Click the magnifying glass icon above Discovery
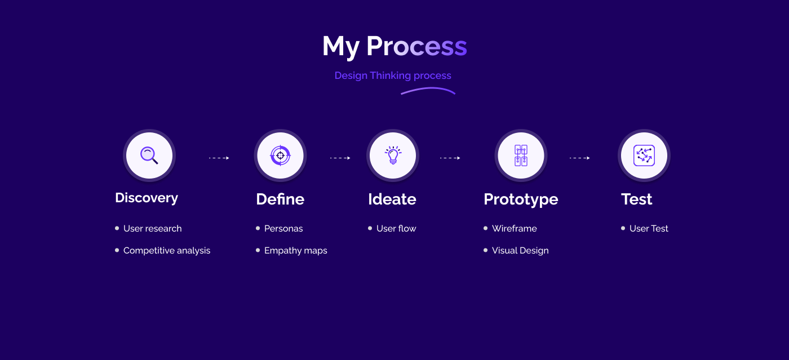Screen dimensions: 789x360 pyautogui.click(x=149, y=155)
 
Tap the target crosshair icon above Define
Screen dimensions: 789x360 pyautogui.click(x=281, y=155)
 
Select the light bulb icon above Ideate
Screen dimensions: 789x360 pyautogui.click(x=393, y=155)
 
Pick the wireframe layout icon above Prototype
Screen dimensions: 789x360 pyautogui.click(x=521, y=155)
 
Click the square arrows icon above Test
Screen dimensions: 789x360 pyautogui.click(x=644, y=155)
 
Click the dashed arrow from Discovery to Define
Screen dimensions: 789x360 pyautogui.click(x=219, y=158)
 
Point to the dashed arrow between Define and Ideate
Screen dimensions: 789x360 pyautogui.click(x=340, y=158)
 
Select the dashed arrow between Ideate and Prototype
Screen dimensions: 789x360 pyautogui.click(x=450, y=158)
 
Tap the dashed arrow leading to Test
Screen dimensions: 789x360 pyautogui.click(x=580, y=158)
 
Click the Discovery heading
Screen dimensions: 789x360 pyautogui.click(x=147, y=198)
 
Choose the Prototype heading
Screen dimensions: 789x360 pyautogui.click(x=521, y=200)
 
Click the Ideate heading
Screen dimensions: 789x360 pyautogui.click(x=392, y=199)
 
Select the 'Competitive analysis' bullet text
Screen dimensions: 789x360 pyautogui.click(x=167, y=251)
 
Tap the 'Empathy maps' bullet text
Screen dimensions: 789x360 pyautogui.click(x=295, y=251)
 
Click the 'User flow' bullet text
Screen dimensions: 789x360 pyautogui.click(x=396, y=228)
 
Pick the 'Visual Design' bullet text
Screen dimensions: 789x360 pyautogui.click(x=520, y=251)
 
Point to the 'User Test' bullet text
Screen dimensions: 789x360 pyautogui.click(x=649, y=228)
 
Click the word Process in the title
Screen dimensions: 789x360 pyautogui.click(x=416, y=46)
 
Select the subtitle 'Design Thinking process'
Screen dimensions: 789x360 pyautogui.click(x=393, y=75)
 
